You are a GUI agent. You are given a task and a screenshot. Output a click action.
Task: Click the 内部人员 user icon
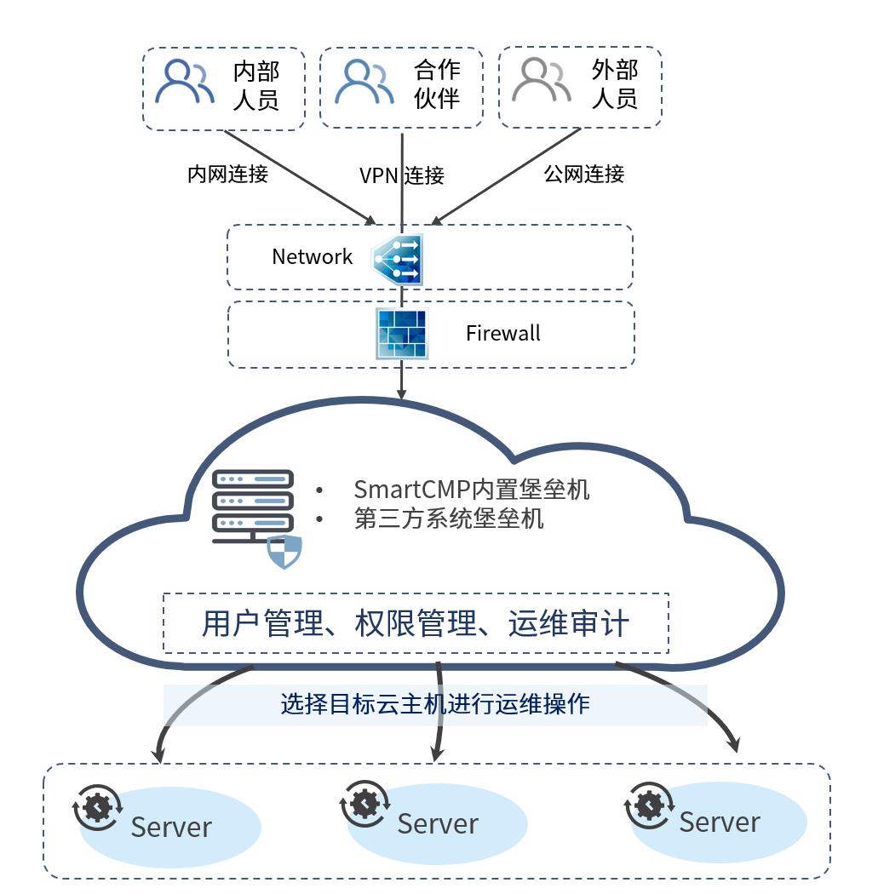tap(186, 82)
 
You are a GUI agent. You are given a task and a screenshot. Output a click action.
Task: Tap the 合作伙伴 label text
tap(437, 83)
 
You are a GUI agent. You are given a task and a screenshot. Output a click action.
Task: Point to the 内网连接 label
tap(227, 174)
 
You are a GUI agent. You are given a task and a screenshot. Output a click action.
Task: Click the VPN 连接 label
tap(402, 175)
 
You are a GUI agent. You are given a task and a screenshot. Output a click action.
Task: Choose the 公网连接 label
tap(584, 174)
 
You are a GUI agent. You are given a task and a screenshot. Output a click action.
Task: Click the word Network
tap(312, 256)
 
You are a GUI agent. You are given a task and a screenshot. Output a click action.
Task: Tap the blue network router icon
tap(397, 259)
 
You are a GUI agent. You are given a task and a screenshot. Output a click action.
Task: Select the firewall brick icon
tap(401, 334)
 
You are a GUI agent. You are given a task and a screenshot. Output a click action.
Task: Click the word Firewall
tap(502, 333)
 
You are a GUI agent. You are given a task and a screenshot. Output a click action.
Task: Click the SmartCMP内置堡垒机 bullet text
tap(471, 490)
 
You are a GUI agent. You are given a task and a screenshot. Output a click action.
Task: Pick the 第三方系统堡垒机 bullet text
tap(448, 519)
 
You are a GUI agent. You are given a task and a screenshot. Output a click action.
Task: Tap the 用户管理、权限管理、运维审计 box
tap(416, 623)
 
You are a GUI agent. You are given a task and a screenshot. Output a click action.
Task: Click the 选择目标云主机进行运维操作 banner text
tap(435, 704)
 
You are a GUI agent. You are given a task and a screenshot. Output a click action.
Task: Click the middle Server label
tap(438, 823)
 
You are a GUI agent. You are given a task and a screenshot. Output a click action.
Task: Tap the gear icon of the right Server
tap(650, 804)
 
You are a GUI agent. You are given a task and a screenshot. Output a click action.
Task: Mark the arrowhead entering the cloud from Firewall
tap(402, 393)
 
